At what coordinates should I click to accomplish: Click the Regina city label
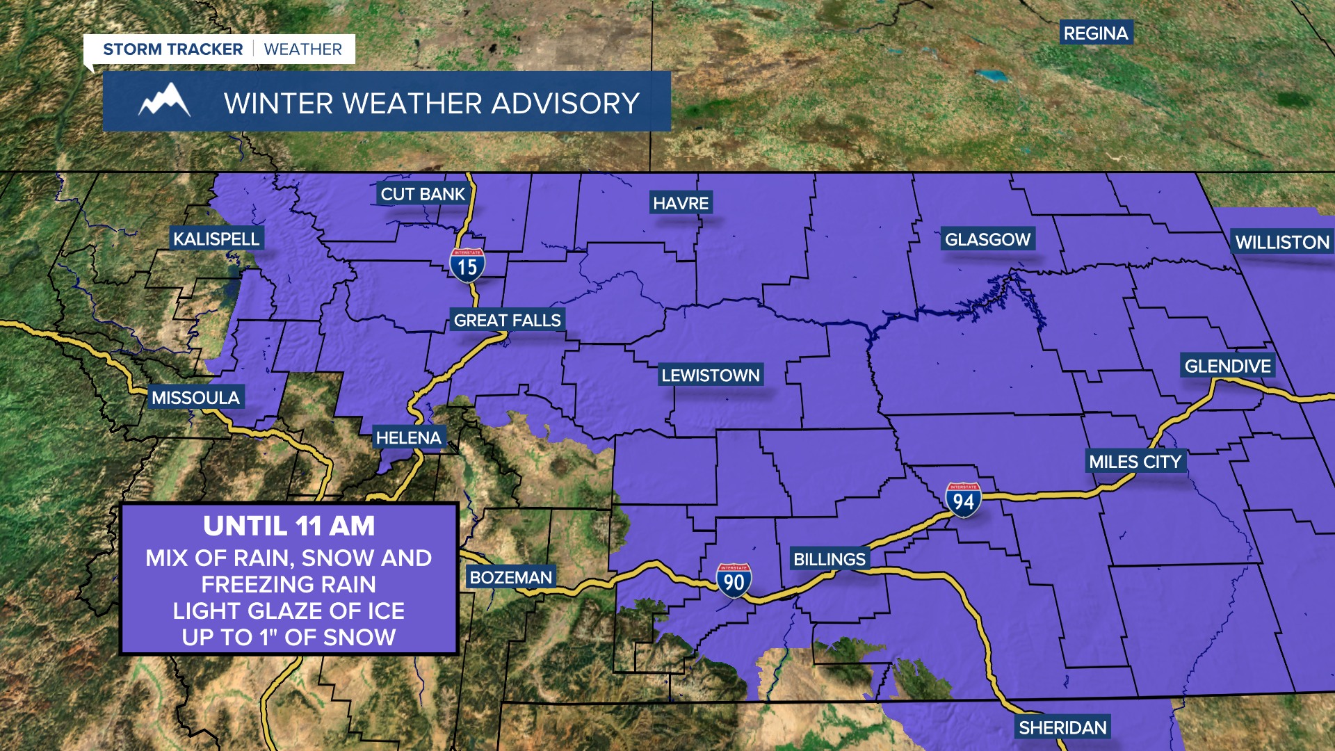[1096, 33]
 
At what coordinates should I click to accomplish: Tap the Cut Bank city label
[423, 194]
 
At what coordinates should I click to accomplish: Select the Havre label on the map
[681, 203]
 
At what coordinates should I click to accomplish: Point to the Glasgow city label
[987, 239]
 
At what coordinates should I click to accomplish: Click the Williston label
[1282, 242]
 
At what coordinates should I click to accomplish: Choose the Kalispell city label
[216, 239]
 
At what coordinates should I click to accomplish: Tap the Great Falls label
[507, 320]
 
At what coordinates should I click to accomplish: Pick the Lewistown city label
[711, 375]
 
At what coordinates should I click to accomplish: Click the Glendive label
[1227, 366]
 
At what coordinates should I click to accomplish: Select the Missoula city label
[195, 397]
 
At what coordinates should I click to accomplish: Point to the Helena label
[408, 437]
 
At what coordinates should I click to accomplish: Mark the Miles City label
[1135, 461]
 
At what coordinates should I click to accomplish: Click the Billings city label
[829, 558]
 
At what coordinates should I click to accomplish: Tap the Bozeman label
[510, 576]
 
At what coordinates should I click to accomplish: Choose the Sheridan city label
[1062, 727]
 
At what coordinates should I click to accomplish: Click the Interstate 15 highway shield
[467, 266]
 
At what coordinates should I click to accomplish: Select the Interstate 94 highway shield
[963, 499]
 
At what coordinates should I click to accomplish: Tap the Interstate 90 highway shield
[734, 581]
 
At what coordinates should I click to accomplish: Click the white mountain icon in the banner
[164, 102]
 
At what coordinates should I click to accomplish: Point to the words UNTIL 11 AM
[289, 526]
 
